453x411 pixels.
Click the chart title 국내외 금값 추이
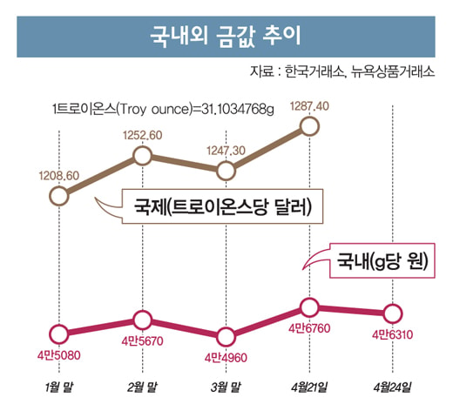226,37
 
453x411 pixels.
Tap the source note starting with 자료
342,71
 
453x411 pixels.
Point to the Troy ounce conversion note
163,110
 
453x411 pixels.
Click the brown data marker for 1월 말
59,196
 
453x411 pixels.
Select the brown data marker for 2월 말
143,156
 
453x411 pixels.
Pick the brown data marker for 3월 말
226,171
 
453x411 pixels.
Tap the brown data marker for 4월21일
309,126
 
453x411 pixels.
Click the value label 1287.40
309,106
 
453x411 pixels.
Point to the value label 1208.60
59,176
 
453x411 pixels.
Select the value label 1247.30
226,151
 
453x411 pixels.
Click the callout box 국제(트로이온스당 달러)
222,206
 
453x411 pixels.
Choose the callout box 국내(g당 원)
382,260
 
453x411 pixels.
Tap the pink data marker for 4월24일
393,313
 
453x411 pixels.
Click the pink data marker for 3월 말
226,337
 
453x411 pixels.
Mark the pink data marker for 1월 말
59,334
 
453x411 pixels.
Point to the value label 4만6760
309,328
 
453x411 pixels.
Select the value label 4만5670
143,341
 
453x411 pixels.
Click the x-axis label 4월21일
309,387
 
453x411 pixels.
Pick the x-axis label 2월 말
143,387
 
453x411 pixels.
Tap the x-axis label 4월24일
393,387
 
